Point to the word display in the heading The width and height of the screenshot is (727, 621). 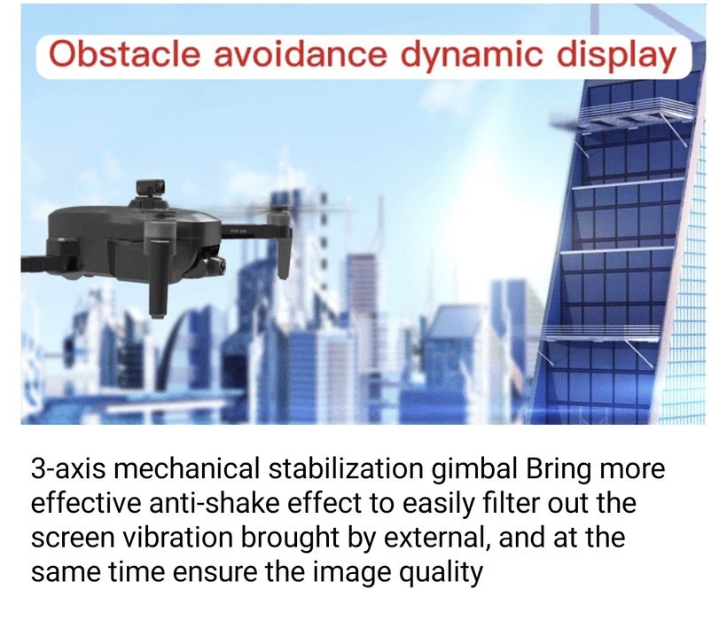point(616,55)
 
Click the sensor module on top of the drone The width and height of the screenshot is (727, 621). point(149,192)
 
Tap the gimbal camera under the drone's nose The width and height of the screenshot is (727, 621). point(214,263)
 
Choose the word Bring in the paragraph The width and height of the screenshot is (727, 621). point(559,469)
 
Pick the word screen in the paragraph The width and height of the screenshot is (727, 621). point(70,538)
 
